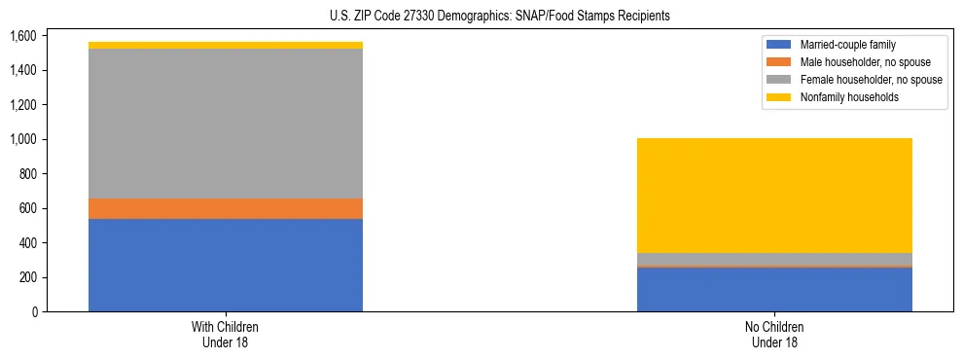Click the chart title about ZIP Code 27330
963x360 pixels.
pos(481,17)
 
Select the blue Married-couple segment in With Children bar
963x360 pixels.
pos(226,265)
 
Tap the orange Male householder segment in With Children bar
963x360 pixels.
pos(226,208)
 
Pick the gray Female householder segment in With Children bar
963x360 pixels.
pos(226,124)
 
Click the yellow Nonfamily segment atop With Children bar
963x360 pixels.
pos(226,45)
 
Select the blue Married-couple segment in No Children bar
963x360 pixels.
pos(774,289)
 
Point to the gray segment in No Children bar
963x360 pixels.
pos(774,259)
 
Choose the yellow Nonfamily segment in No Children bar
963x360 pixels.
pos(774,196)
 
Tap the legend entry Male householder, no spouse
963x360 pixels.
pos(857,62)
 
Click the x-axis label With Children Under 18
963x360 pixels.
pos(226,334)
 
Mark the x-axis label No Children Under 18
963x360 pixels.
pos(774,334)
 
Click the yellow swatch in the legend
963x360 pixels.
pos(780,97)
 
